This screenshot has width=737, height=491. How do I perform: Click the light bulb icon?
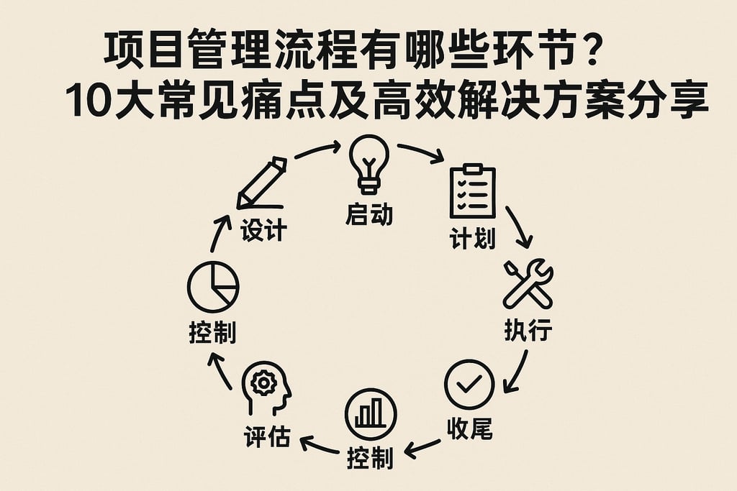coord(369,164)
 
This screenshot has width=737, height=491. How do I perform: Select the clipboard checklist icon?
coord(472,192)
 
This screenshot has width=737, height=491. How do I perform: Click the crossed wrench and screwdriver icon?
coord(528,284)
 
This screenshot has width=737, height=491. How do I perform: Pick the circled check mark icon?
coord(469,385)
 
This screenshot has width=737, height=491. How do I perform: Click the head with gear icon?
coord(267,388)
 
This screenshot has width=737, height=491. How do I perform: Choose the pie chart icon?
coord(213,287)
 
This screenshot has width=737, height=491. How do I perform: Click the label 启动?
coord(369,214)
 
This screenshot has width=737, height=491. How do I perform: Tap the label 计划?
coord(473,238)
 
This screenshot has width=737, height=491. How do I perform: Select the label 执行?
coord(528,331)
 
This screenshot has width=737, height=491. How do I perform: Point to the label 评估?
coord(267,436)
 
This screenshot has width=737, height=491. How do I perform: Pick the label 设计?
coord(263,231)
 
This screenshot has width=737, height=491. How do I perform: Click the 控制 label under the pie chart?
coord(212,333)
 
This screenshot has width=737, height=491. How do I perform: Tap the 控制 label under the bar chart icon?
coord(370,458)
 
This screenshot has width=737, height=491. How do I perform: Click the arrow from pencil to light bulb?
coord(317,150)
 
